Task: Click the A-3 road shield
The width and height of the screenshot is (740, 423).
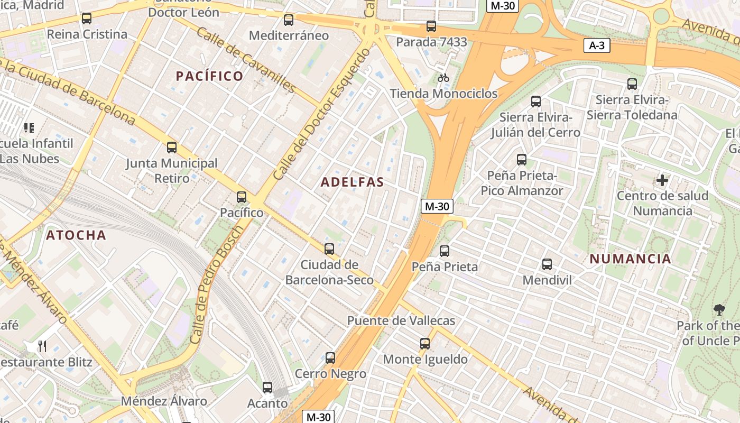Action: pos(597,45)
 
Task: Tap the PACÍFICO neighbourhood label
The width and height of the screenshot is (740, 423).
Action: pos(210,76)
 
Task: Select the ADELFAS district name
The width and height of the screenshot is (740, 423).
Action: pos(353,182)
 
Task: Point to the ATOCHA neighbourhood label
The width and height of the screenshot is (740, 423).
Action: pos(76,235)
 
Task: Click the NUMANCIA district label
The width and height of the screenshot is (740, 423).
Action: pos(630,259)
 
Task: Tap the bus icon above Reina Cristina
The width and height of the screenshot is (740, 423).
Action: pos(87,19)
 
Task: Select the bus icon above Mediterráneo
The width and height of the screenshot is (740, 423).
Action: pos(289,20)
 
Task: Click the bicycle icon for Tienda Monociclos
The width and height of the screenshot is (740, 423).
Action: pos(443,78)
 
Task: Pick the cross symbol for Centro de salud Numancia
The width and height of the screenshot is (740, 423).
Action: pos(662,180)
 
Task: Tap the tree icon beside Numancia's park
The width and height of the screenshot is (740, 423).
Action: pos(719,310)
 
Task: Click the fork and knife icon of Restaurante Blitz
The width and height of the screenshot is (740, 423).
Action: pos(42,346)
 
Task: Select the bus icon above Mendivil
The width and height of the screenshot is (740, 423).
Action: pos(547,264)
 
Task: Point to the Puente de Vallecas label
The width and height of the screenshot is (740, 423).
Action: pos(401,320)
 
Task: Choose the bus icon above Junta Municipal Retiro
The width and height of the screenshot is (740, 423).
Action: pos(172,148)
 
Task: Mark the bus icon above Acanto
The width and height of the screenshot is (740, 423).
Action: pos(267,388)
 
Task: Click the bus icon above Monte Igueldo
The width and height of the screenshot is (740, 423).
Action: pos(425,344)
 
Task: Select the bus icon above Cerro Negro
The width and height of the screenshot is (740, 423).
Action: pos(330,358)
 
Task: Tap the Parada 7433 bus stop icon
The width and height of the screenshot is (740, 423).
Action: pos(431,26)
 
